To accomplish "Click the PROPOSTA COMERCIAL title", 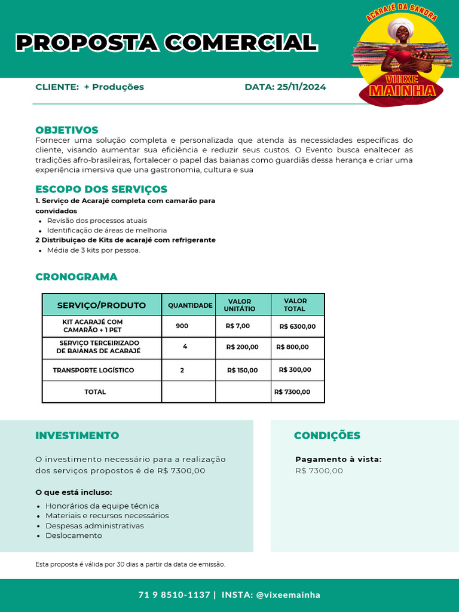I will pyautogui.click(x=166, y=43).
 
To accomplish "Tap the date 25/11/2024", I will pyautogui.click(x=301, y=87).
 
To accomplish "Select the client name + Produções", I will pyautogui.click(x=114, y=87).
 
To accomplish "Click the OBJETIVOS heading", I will pyautogui.click(x=67, y=130).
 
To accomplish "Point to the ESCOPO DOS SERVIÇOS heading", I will pyautogui.click(x=101, y=189).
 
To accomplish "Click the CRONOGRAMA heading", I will pyautogui.click(x=76, y=277).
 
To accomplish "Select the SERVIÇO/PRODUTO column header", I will pyautogui.click(x=102, y=305).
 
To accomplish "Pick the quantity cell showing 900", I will pyautogui.click(x=182, y=326).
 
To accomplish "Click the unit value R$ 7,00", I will pyautogui.click(x=238, y=326).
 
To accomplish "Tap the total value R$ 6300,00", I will pyautogui.click(x=298, y=327).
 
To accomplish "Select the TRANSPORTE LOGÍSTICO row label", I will pyautogui.click(x=93, y=371).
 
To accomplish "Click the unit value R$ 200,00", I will pyautogui.click(x=242, y=347).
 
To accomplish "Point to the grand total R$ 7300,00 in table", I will pyautogui.click(x=292, y=392).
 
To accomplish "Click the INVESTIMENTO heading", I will pyautogui.click(x=77, y=436).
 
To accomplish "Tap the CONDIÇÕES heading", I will pyautogui.click(x=327, y=436).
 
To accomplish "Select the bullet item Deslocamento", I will pyautogui.click(x=74, y=535).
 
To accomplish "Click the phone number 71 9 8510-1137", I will pyautogui.click(x=174, y=595).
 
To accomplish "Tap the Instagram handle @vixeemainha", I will pyautogui.click(x=288, y=595).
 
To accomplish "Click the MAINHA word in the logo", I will pyautogui.click(x=402, y=91).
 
